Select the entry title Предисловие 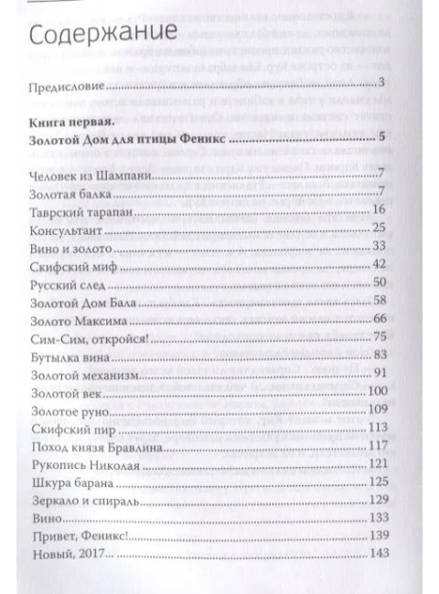(70, 88)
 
